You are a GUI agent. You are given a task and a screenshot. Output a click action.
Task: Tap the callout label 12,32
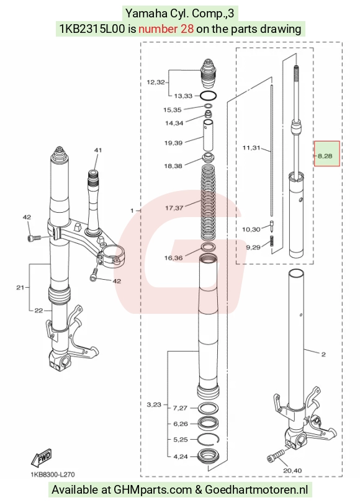pyautogui.click(x=156, y=82)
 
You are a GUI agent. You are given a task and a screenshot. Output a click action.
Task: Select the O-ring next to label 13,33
pyautogui.click(x=209, y=96)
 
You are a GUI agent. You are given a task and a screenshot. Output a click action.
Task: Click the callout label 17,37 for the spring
pyautogui.click(x=174, y=208)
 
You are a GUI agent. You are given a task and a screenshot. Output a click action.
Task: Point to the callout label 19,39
pyautogui.click(x=173, y=143)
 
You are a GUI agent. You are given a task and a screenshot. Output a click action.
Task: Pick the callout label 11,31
pyautogui.click(x=251, y=148)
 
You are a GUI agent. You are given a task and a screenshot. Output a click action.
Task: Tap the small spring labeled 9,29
pyautogui.click(x=272, y=241)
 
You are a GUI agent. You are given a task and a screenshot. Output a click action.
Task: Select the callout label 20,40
pyautogui.click(x=292, y=471)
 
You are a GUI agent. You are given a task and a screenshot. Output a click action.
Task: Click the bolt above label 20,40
pyautogui.click(x=276, y=455)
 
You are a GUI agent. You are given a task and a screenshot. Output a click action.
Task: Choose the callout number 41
pyautogui.click(x=98, y=150)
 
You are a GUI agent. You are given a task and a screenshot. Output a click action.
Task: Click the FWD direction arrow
pyautogui.click(x=41, y=458)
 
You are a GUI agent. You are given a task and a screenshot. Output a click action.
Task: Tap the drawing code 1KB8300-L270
pyautogui.click(x=53, y=474)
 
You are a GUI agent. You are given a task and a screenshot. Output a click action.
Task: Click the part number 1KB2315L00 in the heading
pyautogui.click(x=92, y=29)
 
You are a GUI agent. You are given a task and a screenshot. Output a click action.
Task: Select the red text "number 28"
pyautogui.click(x=166, y=29)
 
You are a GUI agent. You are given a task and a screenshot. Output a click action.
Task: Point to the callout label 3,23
pyautogui.click(x=154, y=405)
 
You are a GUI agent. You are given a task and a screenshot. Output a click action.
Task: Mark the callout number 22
pyautogui.click(x=38, y=310)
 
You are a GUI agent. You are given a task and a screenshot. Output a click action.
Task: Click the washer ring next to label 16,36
pyautogui.click(x=209, y=247)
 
